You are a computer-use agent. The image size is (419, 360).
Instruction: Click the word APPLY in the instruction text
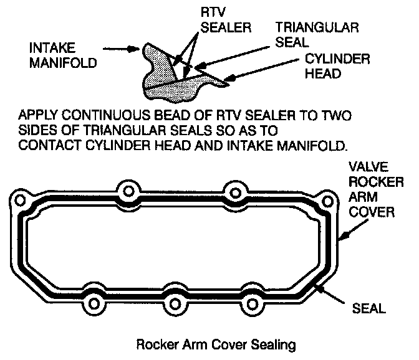36,117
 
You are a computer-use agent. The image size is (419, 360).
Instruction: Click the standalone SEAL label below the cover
368,307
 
